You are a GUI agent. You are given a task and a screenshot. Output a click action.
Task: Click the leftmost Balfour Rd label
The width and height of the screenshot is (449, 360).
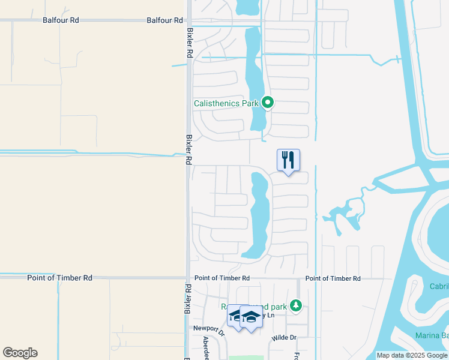[x=61, y=20]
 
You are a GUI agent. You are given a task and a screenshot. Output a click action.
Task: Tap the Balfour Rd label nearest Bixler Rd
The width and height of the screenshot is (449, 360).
[x=164, y=20]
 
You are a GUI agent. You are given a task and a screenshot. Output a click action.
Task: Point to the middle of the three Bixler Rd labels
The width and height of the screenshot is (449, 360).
[x=188, y=149]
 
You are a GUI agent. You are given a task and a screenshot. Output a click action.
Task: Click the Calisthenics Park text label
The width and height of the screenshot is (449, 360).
[x=226, y=103]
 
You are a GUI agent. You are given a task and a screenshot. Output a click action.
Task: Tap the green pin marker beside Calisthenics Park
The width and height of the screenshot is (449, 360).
[x=268, y=103]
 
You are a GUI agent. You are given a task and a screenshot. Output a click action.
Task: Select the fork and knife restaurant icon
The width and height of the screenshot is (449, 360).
[x=288, y=160]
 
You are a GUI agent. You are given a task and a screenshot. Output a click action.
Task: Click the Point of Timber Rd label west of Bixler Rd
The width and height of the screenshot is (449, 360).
[x=60, y=278]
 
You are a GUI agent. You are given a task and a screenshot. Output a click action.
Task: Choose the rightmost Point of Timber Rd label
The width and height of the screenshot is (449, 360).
[x=333, y=278]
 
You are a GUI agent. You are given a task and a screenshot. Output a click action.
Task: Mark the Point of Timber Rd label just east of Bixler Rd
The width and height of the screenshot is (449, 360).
[x=222, y=278]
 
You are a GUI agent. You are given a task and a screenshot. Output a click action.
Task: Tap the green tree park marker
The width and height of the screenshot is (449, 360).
[x=295, y=306]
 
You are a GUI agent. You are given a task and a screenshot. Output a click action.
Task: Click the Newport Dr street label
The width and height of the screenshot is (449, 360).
[x=208, y=328]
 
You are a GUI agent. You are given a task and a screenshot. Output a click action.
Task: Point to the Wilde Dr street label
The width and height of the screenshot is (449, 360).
[x=285, y=337]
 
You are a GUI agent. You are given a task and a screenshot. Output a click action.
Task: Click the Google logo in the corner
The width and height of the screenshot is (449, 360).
[x=20, y=353]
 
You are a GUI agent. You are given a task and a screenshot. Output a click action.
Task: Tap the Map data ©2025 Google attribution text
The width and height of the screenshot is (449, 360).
[x=412, y=355]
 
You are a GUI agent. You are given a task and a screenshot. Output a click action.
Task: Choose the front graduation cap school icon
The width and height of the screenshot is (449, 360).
[x=251, y=318]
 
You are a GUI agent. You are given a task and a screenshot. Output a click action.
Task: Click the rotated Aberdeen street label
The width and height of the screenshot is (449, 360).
[x=206, y=347]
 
